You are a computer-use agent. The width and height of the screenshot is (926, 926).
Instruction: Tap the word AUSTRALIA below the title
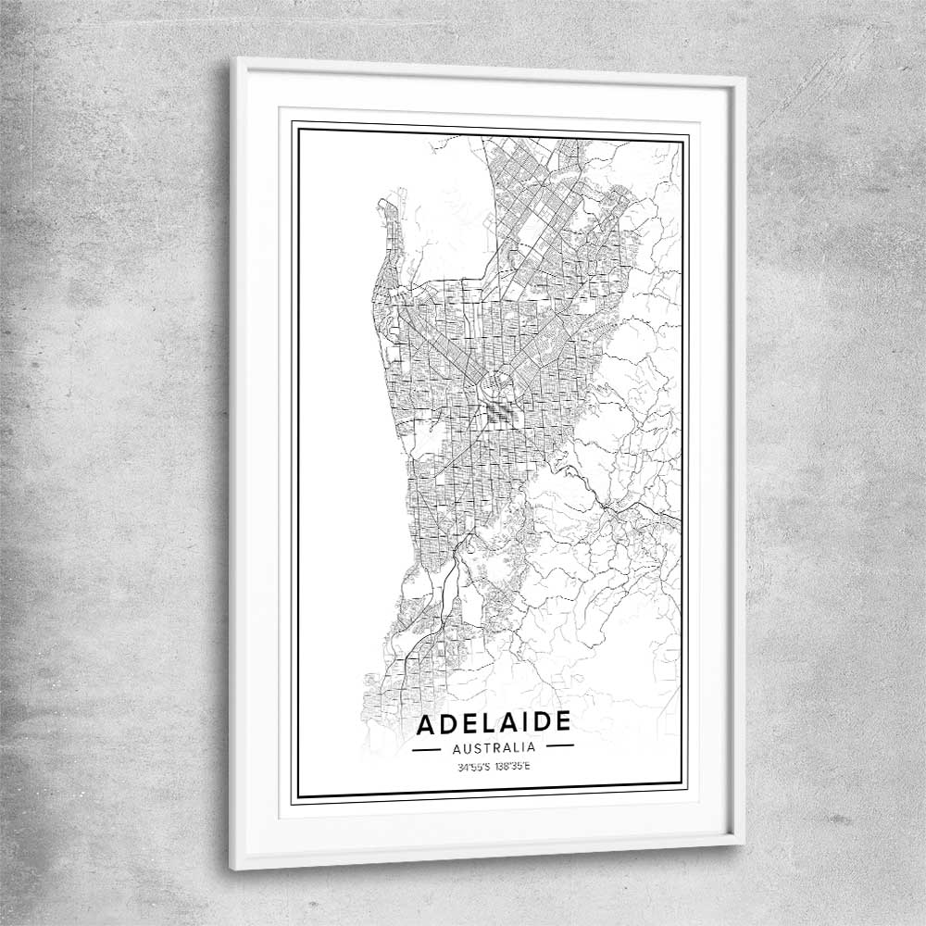[x=493, y=746]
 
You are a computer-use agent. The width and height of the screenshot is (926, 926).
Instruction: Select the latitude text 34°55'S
[x=474, y=767]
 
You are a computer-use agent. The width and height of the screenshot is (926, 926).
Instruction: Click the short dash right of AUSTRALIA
[x=558, y=745]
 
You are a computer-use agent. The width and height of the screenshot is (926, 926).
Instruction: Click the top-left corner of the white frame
[x=232, y=59]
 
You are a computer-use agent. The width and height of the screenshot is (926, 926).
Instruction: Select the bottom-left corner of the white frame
[x=232, y=868]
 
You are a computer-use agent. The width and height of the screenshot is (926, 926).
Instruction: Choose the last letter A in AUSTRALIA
[x=532, y=745]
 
